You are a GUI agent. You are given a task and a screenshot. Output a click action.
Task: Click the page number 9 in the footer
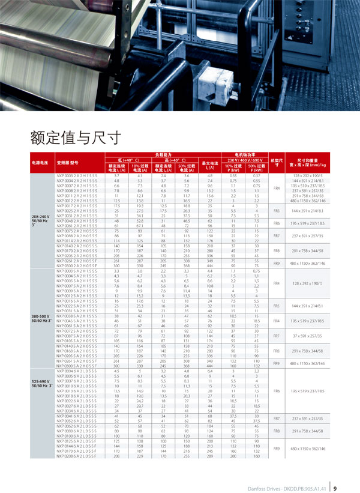(335, 479)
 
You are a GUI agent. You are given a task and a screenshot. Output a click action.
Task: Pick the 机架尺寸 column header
(277, 162)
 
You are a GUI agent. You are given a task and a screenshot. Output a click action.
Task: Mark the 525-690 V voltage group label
(40, 381)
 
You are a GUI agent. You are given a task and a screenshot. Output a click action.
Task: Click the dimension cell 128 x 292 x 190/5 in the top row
(308, 175)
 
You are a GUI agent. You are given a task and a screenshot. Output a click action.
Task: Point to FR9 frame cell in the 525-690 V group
(277, 449)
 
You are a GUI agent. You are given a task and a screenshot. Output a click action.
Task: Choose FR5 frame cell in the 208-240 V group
(277, 211)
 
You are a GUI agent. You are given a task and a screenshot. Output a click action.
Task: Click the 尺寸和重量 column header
(308, 162)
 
